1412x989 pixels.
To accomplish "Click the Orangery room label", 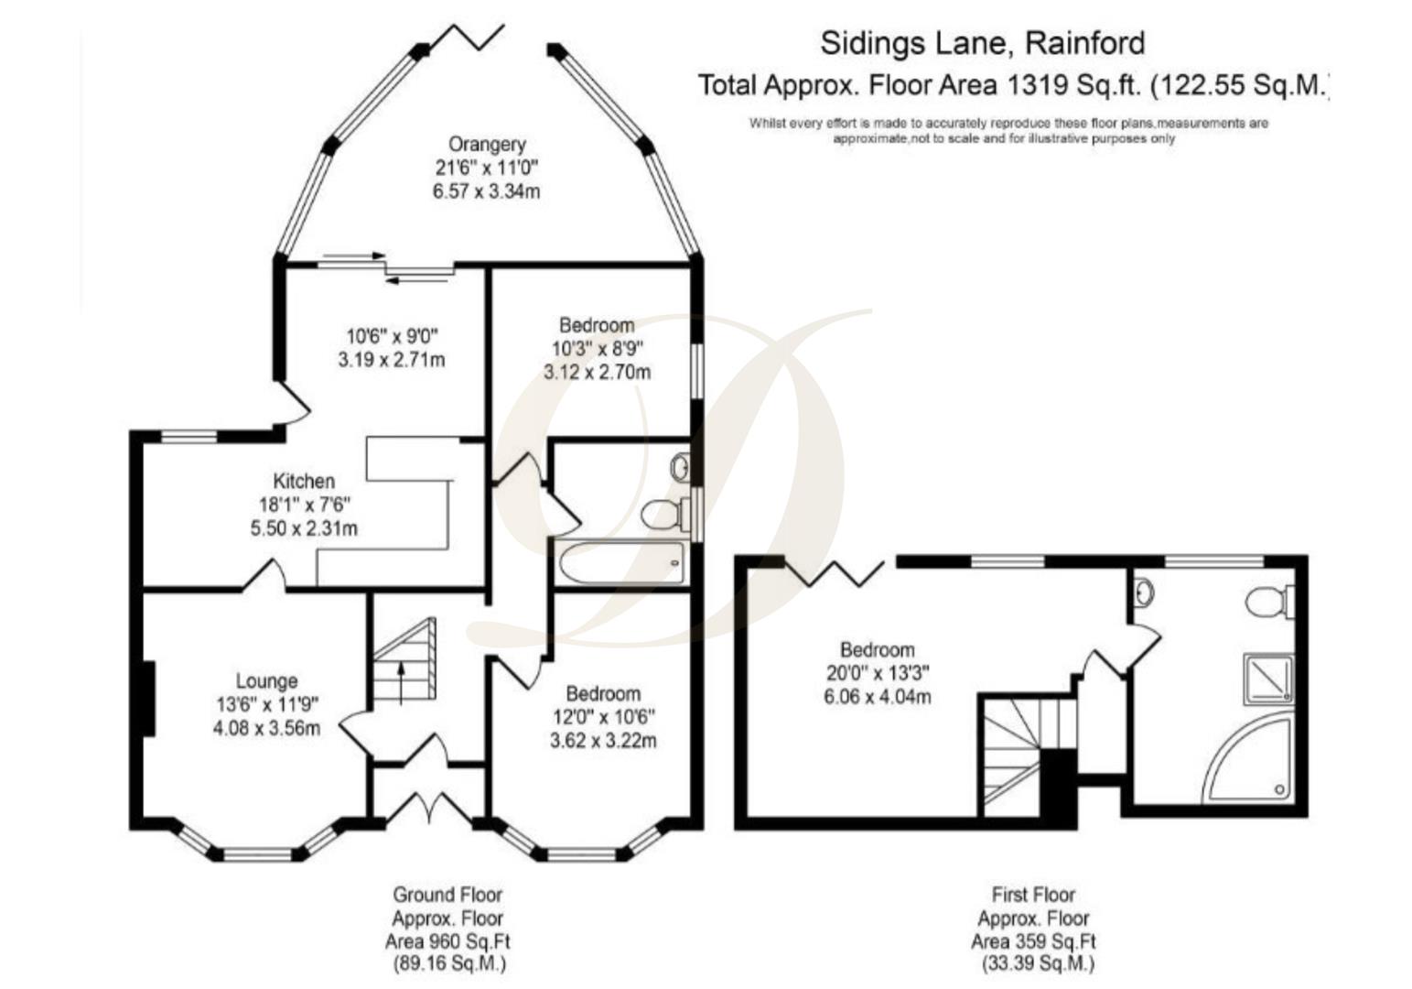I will (x=486, y=145).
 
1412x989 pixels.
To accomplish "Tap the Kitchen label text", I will (x=304, y=481).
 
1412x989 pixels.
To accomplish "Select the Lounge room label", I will (x=266, y=681).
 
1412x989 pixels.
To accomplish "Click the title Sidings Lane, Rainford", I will (x=982, y=43).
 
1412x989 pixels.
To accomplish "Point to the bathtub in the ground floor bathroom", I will (x=621, y=561).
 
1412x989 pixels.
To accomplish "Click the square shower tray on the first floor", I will (x=1268, y=678).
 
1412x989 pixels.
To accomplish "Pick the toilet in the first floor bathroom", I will (x=1267, y=602).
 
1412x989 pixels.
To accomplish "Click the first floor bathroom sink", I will (x=1144, y=593).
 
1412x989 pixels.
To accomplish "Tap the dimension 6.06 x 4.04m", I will (x=878, y=697).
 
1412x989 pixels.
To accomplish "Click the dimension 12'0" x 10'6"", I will (x=602, y=716).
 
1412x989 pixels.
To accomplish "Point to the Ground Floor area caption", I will (x=447, y=929).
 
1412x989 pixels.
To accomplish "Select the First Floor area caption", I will (x=1033, y=929).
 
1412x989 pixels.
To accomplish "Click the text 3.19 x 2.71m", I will (x=391, y=360).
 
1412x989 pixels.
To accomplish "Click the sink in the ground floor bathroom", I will (x=679, y=468).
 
